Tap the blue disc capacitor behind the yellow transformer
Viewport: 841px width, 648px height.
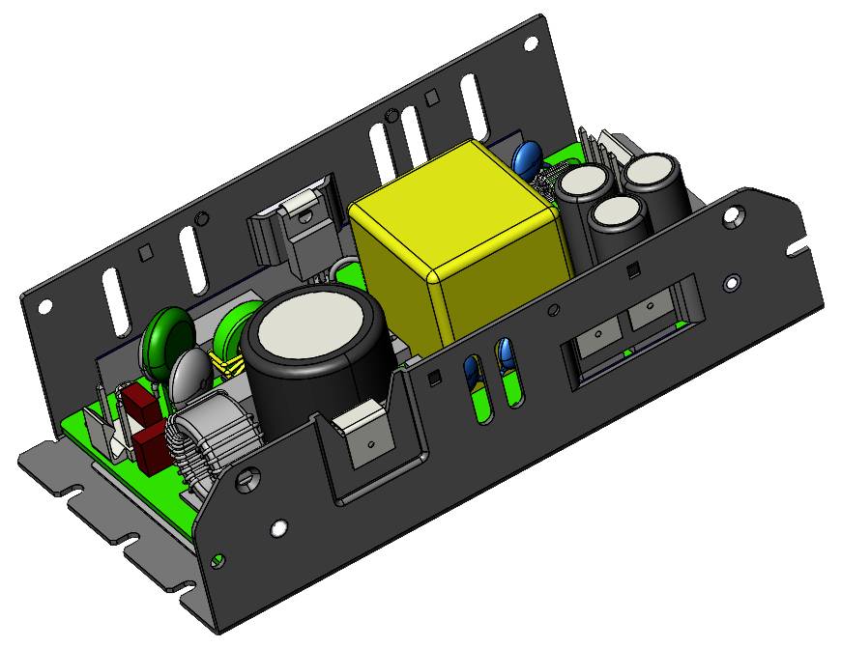pos(527,157)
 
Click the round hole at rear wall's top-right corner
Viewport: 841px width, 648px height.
pos(531,43)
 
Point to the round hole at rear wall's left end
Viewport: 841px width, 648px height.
pos(44,306)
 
